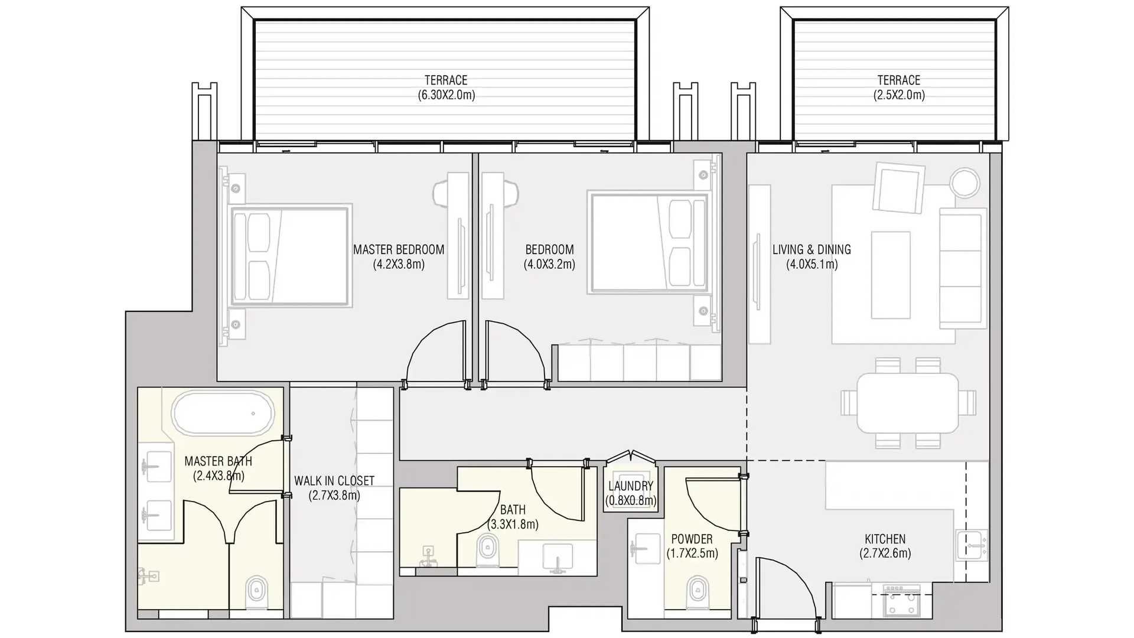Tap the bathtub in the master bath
(223, 412)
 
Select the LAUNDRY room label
(631, 486)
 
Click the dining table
(908, 403)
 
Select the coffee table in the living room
(891, 275)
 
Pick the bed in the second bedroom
(649, 242)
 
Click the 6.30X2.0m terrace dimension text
(447, 95)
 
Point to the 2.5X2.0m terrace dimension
(899, 95)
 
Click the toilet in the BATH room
(487, 549)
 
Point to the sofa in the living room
(963, 268)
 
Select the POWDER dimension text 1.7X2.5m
(692, 554)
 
